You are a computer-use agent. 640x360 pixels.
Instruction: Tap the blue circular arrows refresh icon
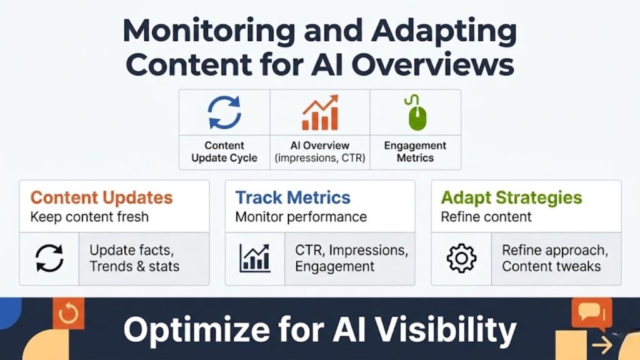click(x=224, y=112)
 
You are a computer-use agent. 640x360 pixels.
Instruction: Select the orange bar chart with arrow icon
click(x=320, y=113)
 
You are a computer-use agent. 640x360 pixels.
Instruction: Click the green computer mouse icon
click(x=415, y=113)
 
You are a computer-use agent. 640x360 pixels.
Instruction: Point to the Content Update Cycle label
click(x=224, y=152)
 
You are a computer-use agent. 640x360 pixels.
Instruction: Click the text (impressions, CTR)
click(x=320, y=158)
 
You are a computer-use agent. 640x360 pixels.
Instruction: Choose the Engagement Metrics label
click(x=415, y=152)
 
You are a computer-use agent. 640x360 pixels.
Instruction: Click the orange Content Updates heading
click(x=101, y=198)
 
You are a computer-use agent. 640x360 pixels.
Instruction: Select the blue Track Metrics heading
click(x=292, y=198)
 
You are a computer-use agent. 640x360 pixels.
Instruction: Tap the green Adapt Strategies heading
click(x=511, y=198)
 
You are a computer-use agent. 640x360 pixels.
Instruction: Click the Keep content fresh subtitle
click(x=89, y=217)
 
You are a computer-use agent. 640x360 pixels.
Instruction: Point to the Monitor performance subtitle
click(x=301, y=217)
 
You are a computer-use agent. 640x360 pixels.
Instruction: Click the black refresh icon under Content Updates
click(x=49, y=258)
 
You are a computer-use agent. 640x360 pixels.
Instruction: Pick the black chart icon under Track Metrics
click(x=254, y=258)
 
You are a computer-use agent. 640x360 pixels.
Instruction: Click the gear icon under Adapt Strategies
click(x=461, y=258)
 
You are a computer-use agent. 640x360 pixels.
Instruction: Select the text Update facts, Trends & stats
click(x=134, y=258)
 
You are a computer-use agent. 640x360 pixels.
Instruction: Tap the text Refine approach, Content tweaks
click(x=554, y=258)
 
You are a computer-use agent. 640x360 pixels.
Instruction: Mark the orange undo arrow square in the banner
click(x=67, y=313)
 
